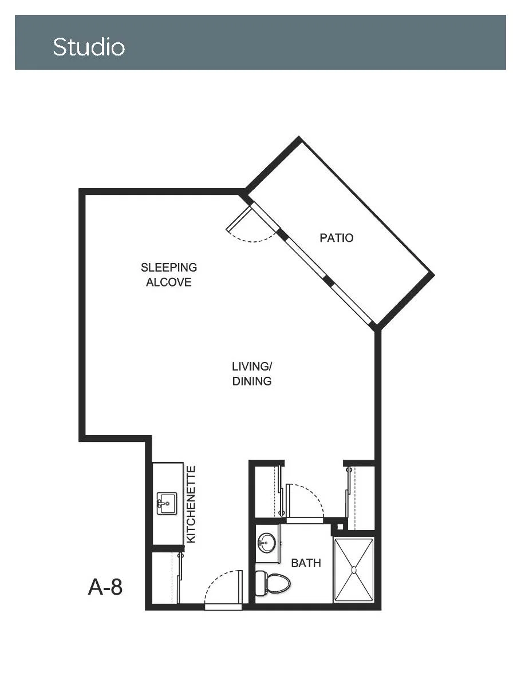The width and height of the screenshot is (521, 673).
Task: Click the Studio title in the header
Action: point(89,47)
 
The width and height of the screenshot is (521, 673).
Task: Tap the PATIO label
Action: point(336,238)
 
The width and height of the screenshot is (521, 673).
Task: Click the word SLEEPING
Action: point(169,268)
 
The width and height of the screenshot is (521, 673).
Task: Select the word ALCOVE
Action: point(168,282)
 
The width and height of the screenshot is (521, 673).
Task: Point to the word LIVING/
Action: point(252,367)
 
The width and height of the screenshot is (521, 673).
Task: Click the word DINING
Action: point(252,381)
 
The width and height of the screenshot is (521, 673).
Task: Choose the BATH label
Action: point(306,563)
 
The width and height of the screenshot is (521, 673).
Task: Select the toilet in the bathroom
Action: point(273,583)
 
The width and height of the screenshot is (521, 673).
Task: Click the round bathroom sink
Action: point(267,543)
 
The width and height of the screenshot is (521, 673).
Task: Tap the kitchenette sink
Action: point(167,503)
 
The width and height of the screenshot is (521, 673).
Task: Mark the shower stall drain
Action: point(354,570)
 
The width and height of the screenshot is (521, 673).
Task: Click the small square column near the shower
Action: point(340,526)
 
